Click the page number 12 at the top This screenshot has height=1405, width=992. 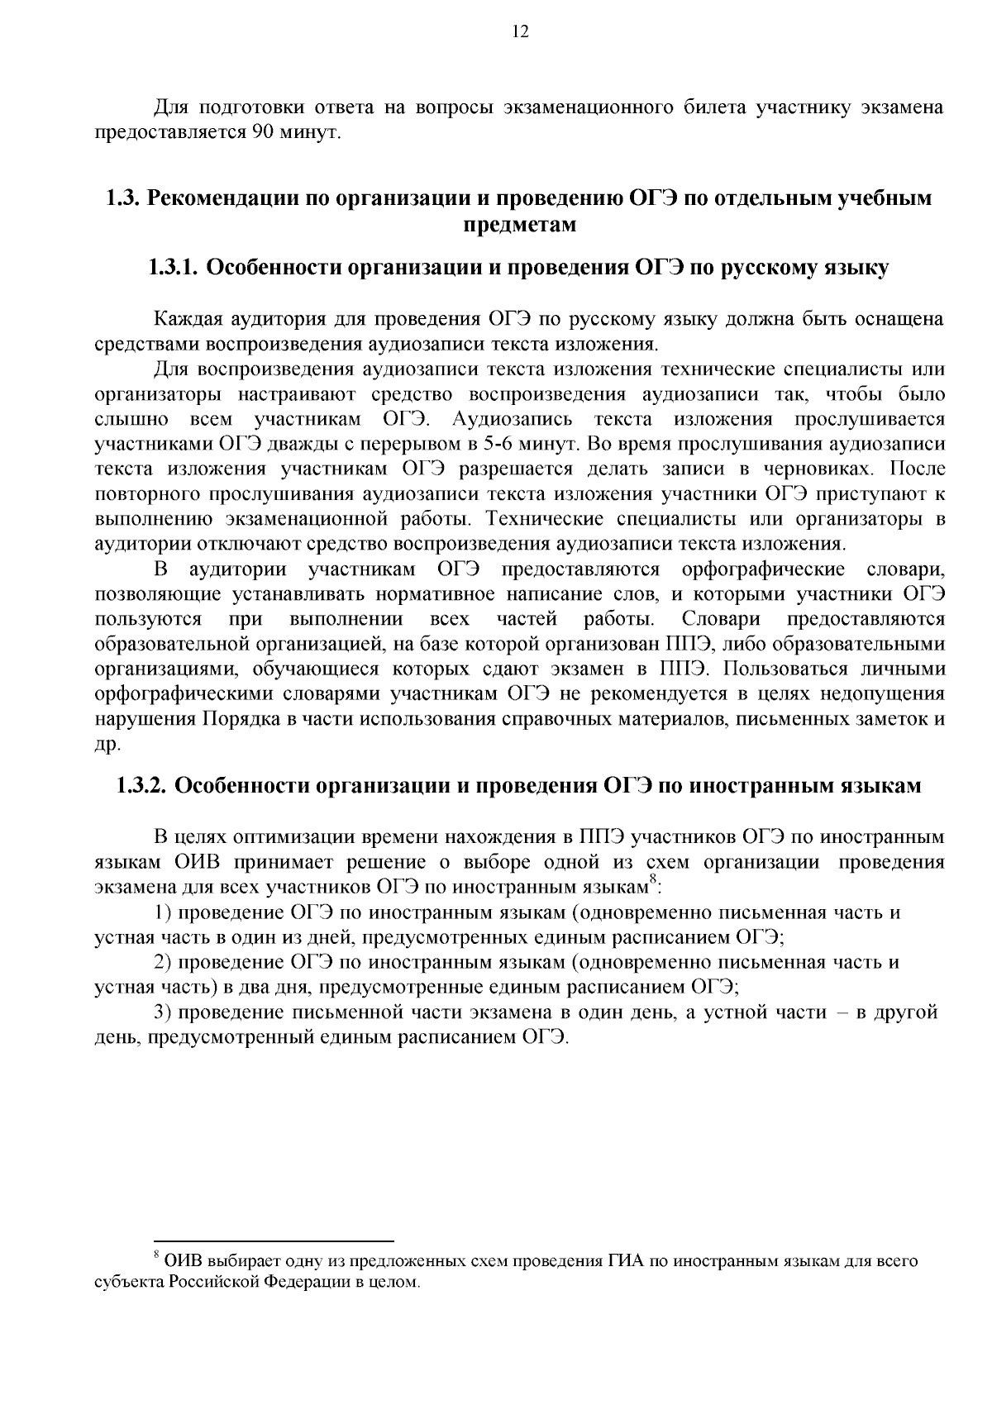pyautogui.click(x=520, y=32)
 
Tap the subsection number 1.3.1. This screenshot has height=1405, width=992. pyautogui.click(x=172, y=268)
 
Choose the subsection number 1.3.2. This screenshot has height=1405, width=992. pyautogui.click(x=141, y=785)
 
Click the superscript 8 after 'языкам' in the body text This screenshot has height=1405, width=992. pyautogui.click(x=652, y=881)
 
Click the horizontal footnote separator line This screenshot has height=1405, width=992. pyautogui.click(x=274, y=1241)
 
